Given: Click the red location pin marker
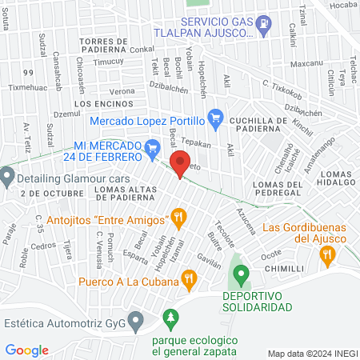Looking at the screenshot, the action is point(181,162).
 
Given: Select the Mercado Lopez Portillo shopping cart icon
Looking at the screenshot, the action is point(214,120).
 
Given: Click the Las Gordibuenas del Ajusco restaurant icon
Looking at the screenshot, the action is point(326,255).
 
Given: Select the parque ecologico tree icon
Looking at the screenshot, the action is point(169,320).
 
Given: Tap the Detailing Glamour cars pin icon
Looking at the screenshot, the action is point(7,174).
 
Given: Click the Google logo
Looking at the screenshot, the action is point(26,350).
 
